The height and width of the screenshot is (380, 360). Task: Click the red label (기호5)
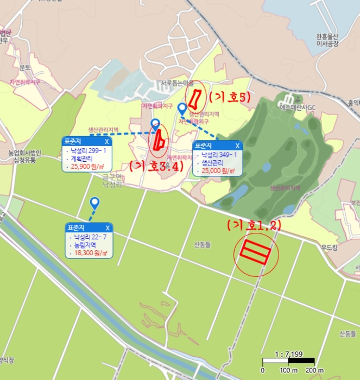pyautogui.click(x=229, y=98)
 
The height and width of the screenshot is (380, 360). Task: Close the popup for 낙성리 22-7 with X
pyautogui.click(x=108, y=227)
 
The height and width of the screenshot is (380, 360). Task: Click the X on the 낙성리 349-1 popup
pyautogui.click(x=237, y=145)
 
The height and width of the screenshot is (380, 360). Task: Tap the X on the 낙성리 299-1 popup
pyautogui.click(x=106, y=142)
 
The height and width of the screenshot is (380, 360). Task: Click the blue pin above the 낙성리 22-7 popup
pyautogui.click(x=95, y=204)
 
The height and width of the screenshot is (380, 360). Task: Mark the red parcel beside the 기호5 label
pyautogui.click(x=194, y=98)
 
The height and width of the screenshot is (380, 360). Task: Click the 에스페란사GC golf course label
pyautogui.click(x=297, y=107)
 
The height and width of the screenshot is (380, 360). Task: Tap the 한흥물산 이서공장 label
pyautogui.click(x=327, y=40)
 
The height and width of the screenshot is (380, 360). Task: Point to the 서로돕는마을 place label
pyautogui.click(x=177, y=84)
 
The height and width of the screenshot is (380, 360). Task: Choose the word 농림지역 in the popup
pyautogui.click(x=84, y=245)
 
